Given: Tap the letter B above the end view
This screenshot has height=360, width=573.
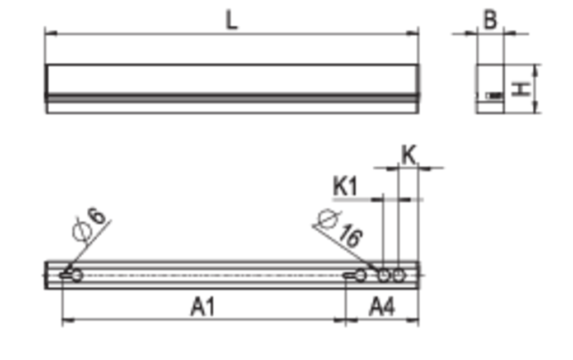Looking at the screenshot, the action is coord(490,20).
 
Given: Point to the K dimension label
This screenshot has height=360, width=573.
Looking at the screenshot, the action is coord(408,155).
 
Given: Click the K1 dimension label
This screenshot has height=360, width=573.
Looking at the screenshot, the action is coord(345,186).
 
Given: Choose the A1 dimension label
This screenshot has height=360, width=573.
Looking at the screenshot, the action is coord(203,307).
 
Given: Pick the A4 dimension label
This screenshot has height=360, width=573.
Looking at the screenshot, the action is coord(382,307).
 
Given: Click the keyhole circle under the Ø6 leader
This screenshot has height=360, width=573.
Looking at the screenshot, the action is coord(77,275).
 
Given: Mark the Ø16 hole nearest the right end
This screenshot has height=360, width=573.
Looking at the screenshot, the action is coord(398,275).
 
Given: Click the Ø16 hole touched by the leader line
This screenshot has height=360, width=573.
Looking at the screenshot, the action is coord(383,275).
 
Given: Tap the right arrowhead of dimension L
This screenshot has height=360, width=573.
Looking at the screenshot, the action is coord(412,34).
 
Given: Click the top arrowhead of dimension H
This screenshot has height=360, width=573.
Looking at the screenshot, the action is coord(536,70).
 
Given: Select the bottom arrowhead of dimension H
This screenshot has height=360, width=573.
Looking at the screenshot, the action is coord(536,107).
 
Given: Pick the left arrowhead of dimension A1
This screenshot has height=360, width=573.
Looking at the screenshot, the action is coord(68,321).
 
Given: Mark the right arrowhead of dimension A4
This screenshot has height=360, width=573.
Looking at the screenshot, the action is coord(412,321).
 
